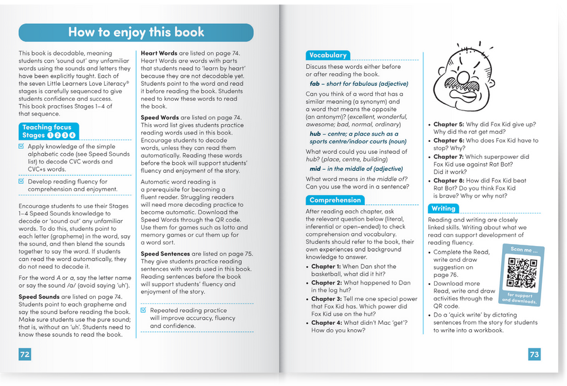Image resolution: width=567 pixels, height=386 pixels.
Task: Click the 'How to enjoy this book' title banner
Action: pyautogui.click(x=136, y=33)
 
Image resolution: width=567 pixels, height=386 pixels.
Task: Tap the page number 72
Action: pyautogui.click(x=25, y=354)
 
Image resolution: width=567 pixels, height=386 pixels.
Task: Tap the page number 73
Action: pyautogui.click(x=534, y=354)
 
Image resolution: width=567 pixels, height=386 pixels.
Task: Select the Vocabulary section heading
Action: pyautogui.click(x=328, y=56)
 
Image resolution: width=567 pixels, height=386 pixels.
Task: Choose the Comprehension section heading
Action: pyautogui.click(x=335, y=201)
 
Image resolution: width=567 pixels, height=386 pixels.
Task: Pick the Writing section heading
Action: pyautogui.click(x=443, y=208)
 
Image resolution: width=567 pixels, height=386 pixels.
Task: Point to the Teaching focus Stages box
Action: pyautogui.click(x=49, y=131)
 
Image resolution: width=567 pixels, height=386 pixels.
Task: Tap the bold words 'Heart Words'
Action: pyautogui.click(x=157, y=54)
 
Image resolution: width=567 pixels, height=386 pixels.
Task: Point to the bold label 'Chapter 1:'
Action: pyautogui.click(x=326, y=267)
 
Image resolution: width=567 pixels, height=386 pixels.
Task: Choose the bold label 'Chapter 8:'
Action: pyautogui.click(x=449, y=181)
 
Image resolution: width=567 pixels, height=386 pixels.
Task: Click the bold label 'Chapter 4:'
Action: pyautogui.click(x=326, y=322)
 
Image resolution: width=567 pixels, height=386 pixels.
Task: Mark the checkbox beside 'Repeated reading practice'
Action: pyautogui.click(x=144, y=311)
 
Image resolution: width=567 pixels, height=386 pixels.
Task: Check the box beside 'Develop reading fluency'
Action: pyautogui.click(x=22, y=182)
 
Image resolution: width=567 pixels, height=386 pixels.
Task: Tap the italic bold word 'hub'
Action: pyautogui.click(x=315, y=134)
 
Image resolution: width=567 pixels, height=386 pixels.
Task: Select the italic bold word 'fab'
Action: pyautogui.click(x=315, y=84)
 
